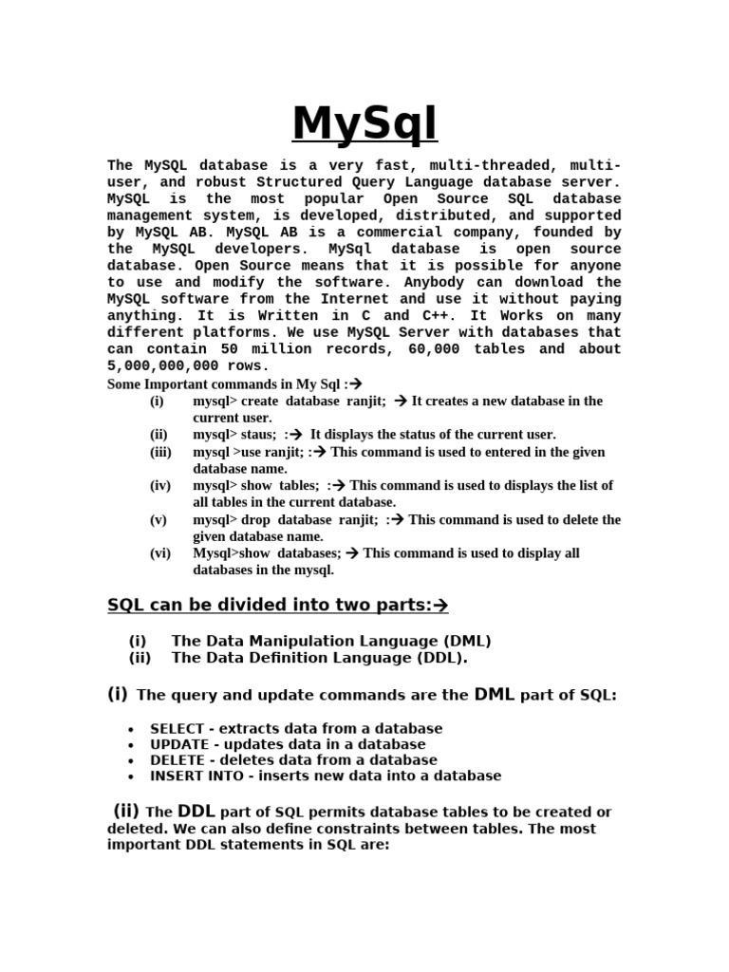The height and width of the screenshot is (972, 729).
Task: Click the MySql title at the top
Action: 364,124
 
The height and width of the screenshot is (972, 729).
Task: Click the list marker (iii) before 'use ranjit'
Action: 160,452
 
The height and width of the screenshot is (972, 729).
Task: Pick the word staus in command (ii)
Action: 258,435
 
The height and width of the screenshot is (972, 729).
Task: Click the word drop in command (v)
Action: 256,519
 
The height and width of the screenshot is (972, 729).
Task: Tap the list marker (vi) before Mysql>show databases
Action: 160,553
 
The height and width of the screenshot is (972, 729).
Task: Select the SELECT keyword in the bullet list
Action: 177,729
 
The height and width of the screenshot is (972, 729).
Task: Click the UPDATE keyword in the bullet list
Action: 178,744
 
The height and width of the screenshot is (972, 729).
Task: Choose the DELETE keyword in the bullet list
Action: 177,760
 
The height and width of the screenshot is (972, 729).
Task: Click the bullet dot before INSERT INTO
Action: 130,776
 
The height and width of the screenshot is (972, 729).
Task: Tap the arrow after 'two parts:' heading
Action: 439,606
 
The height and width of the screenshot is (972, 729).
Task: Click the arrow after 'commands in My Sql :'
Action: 356,384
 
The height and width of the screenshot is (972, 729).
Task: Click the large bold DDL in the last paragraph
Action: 196,812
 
